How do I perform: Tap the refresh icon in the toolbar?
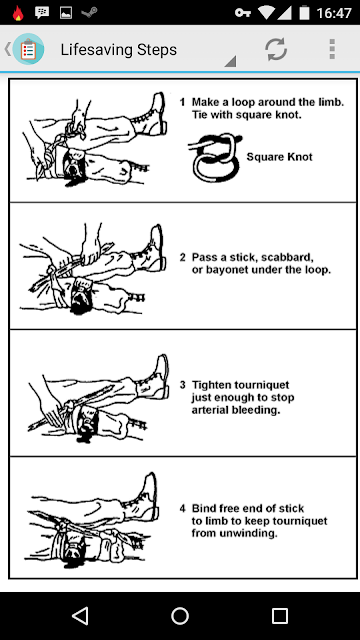click(x=276, y=50)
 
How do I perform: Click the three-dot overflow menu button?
click(x=332, y=49)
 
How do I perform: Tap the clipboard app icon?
click(x=28, y=49)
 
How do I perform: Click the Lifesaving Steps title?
click(x=119, y=50)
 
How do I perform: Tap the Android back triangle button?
click(x=80, y=616)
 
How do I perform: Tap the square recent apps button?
click(x=280, y=616)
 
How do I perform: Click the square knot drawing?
click(x=215, y=157)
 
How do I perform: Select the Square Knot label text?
click(x=280, y=157)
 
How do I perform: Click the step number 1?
click(x=182, y=102)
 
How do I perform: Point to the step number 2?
click(x=183, y=258)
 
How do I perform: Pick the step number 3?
click(x=183, y=385)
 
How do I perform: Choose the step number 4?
click(x=183, y=509)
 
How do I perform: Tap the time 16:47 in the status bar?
click(x=334, y=13)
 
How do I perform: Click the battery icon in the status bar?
click(x=304, y=13)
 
